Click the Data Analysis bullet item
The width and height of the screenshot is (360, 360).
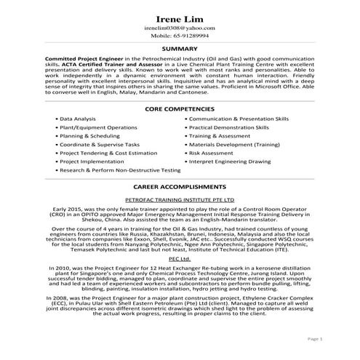click(x=77, y=118)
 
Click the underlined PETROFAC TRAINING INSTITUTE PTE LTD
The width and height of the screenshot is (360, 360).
click(x=179, y=198)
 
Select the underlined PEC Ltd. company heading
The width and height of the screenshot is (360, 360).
click(x=179, y=258)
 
